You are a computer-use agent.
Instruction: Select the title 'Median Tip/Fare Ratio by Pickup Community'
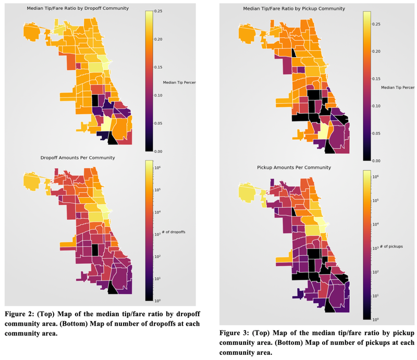pyautogui.click(x=287, y=9)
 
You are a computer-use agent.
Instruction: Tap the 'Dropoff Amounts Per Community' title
pyautogui.click(x=78, y=157)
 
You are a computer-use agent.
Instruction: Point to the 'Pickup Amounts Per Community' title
pyautogui.click(x=294, y=167)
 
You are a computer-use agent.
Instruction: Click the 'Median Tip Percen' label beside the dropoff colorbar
pyautogui.click(x=178, y=82)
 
